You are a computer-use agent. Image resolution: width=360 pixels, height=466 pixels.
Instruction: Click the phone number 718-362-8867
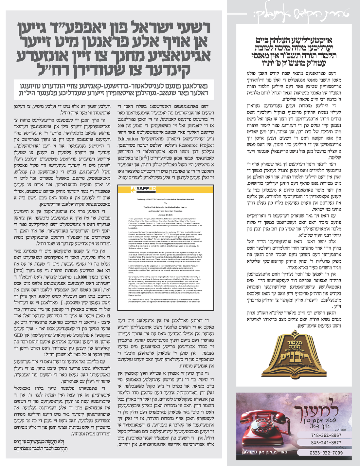click(x=326, y=436)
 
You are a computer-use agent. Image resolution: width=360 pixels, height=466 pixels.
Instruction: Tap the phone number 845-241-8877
click(x=326, y=442)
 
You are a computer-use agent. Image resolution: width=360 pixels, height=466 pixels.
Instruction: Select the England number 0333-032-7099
click(x=326, y=453)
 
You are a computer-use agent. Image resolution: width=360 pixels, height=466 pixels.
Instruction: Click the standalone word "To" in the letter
click(x=160, y=203)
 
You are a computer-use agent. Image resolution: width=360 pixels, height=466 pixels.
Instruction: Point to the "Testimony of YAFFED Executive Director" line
click(x=160, y=199)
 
